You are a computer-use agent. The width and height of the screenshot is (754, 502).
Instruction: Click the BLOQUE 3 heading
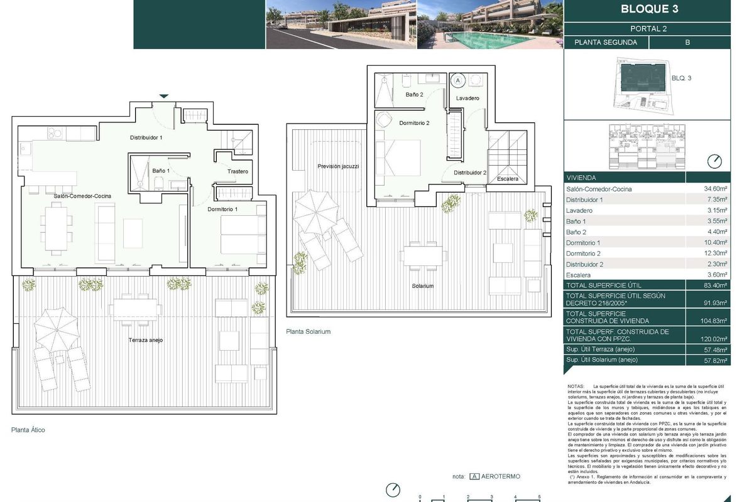(x=649, y=9)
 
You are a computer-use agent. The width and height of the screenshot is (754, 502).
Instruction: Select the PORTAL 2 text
(x=649, y=29)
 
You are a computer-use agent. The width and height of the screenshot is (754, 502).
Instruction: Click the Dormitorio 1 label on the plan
(x=223, y=209)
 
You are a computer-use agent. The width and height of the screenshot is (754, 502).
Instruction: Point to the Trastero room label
(x=238, y=171)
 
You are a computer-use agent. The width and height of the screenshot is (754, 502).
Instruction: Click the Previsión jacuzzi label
(x=338, y=166)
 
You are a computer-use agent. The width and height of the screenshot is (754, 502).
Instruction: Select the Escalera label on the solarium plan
(x=507, y=179)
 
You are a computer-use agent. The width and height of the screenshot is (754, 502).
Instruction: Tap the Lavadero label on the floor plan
(x=467, y=99)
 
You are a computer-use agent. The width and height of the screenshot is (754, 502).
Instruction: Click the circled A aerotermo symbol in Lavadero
(x=458, y=80)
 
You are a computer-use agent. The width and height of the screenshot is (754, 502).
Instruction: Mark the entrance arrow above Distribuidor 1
(x=163, y=96)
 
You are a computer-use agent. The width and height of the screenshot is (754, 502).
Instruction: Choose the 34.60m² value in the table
(x=716, y=189)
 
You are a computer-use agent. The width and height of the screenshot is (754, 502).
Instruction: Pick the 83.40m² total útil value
(x=715, y=286)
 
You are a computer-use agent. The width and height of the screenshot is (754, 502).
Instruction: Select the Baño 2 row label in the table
(x=576, y=232)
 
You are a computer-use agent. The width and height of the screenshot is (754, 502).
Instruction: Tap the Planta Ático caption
(x=28, y=430)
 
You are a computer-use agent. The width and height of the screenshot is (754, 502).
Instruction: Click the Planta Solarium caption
(x=308, y=331)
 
